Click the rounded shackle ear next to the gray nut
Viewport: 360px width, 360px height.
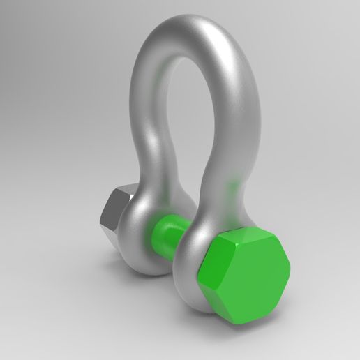coord(143,230)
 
